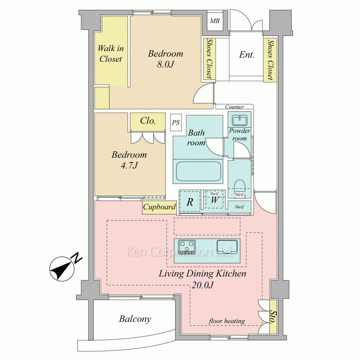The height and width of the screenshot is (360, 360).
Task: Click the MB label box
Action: pyautogui.click(x=215, y=21)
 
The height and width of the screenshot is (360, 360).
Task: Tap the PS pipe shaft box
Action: pyautogui.click(x=176, y=123)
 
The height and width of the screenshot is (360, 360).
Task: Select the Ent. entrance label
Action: pyautogui.click(x=247, y=55)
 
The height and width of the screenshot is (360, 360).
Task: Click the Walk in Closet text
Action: pyautogui.click(x=111, y=54)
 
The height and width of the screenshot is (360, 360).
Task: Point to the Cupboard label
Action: pyautogui.click(x=159, y=207)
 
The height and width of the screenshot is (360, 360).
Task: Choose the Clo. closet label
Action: pyautogui.click(x=148, y=121)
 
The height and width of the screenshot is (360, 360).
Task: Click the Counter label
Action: pyautogui.click(x=234, y=107)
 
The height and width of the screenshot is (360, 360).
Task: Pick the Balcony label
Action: pyautogui.click(x=135, y=319)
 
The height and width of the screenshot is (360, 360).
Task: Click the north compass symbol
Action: pyautogui.click(x=62, y=269)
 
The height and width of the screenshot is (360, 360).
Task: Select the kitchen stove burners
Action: pyautogui.click(x=187, y=247)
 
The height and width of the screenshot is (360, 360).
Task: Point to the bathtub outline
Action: pyautogui.click(x=199, y=171)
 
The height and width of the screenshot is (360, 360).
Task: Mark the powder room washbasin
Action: pyautogui.click(x=239, y=120)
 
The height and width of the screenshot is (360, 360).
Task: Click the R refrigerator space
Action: pyautogui.click(x=190, y=202)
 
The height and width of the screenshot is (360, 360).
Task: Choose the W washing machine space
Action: pyautogui.click(x=215, y=200)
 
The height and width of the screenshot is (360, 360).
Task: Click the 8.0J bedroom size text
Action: pyautogui.click(x=165, y=64)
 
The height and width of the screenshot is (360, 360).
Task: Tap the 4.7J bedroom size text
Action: pyautogui.click(x=129, y=165)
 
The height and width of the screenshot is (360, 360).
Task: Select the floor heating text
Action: pyautogui.click(x=226, y=321)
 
